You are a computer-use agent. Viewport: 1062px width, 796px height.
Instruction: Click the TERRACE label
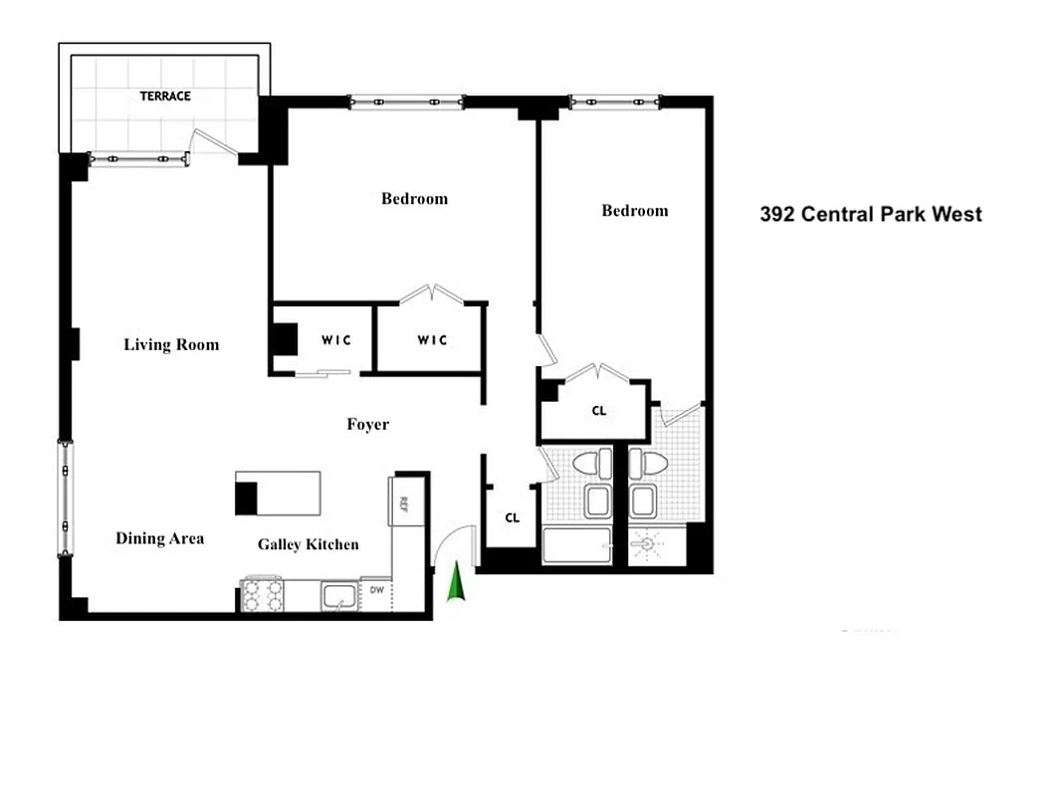point(165,97)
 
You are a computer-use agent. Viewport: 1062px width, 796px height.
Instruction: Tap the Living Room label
point(171,345)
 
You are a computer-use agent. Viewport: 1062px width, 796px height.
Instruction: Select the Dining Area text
point(159,538)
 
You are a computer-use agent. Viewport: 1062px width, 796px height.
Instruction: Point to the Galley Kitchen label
point(308,544)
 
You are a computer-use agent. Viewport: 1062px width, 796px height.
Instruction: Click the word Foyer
point(367,425)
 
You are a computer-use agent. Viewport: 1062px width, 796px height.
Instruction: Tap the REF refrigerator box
point(404,501)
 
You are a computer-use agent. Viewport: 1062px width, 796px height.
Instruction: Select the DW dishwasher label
point(376,590)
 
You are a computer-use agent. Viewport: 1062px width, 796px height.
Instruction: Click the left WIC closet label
point(335,339)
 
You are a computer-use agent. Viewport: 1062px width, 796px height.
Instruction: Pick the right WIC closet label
point(432,340)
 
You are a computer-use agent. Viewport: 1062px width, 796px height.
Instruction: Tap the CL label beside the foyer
point(512,517)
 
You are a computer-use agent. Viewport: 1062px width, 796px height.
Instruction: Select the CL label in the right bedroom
point(599,410)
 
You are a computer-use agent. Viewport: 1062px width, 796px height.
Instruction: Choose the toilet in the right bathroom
point(653,463)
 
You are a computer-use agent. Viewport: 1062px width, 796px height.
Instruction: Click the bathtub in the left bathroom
point(576,546)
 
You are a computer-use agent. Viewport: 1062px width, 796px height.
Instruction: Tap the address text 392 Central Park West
point(871,214)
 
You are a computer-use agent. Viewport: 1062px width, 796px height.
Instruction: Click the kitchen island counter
point(279,494)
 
